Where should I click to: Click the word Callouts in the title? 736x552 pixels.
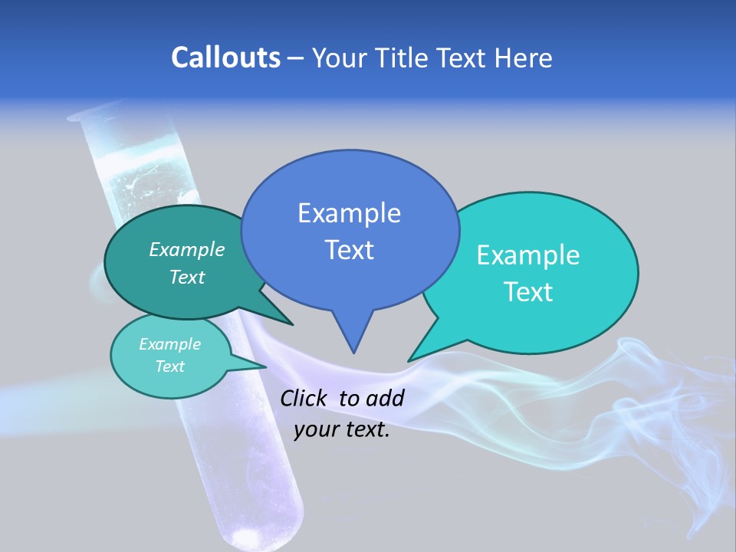(x=225, y=58)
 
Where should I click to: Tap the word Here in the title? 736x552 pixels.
(x=524, y=58)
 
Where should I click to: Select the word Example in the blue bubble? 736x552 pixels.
(x=349, y=213)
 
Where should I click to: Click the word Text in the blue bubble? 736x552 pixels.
(x=349, y=250)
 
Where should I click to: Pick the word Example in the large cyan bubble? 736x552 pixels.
(x=528, y=255)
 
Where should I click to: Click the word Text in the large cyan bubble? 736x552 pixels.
(x=528, y=292)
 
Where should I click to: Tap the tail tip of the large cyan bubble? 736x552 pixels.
(x=409, y=360)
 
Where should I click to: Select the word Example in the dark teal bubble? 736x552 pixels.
(x=187, y=249)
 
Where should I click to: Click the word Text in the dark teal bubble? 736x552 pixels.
(x=187, y=277)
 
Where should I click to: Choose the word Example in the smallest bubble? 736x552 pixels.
(x=169, y=344)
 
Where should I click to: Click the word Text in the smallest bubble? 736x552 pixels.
(x=169, y=366)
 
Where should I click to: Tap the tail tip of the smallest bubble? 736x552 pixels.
(x=266, y=366)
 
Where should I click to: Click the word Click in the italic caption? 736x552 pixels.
(x=304, y=398)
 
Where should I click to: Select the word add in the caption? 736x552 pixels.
(x=385, y=398)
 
